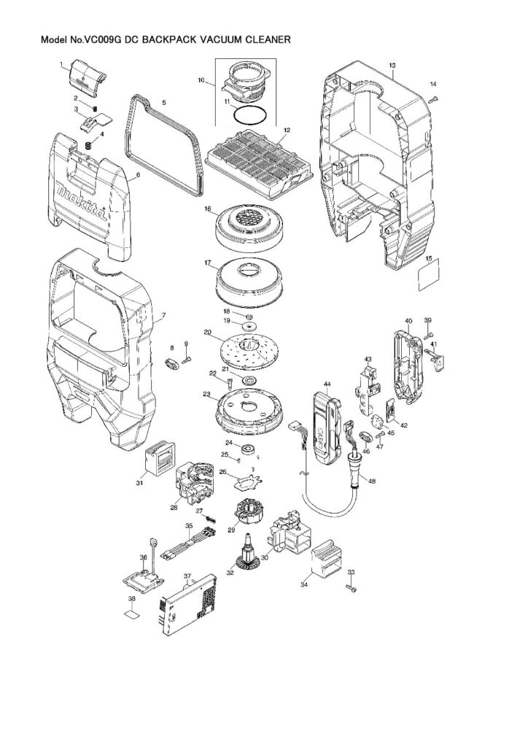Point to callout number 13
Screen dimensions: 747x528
[392, 66]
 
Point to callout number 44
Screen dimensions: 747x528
[327, 384]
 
